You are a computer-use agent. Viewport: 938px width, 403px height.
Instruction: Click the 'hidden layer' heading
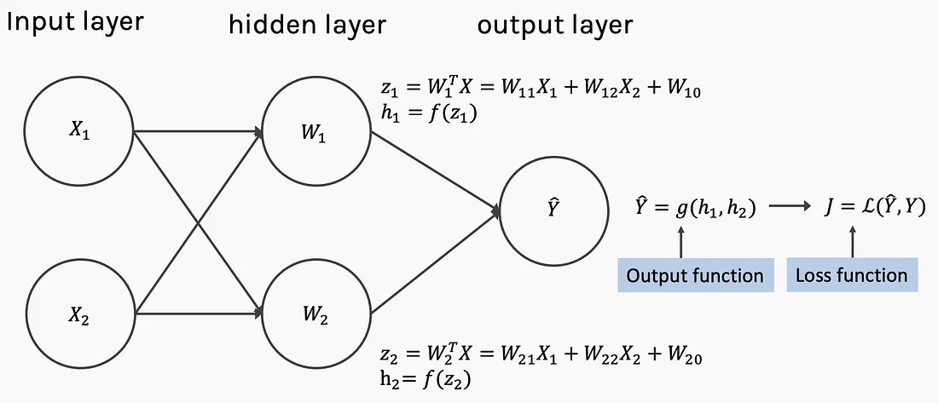pyautogui.click(x=308, y=25)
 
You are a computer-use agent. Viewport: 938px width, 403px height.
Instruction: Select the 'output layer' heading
pyautogui.click(x=554, y=26)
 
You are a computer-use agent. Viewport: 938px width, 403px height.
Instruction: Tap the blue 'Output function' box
pyautogui.click(x=695, y=275)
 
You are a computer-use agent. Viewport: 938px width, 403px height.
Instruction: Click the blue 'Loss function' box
pyautogui.click(x=852, y=275)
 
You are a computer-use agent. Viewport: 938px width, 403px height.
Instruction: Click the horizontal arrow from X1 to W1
pyautogui.click(x=199, y=131)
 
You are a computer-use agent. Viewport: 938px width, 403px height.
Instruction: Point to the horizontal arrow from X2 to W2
pyautogui.click(x=199, y=313)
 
